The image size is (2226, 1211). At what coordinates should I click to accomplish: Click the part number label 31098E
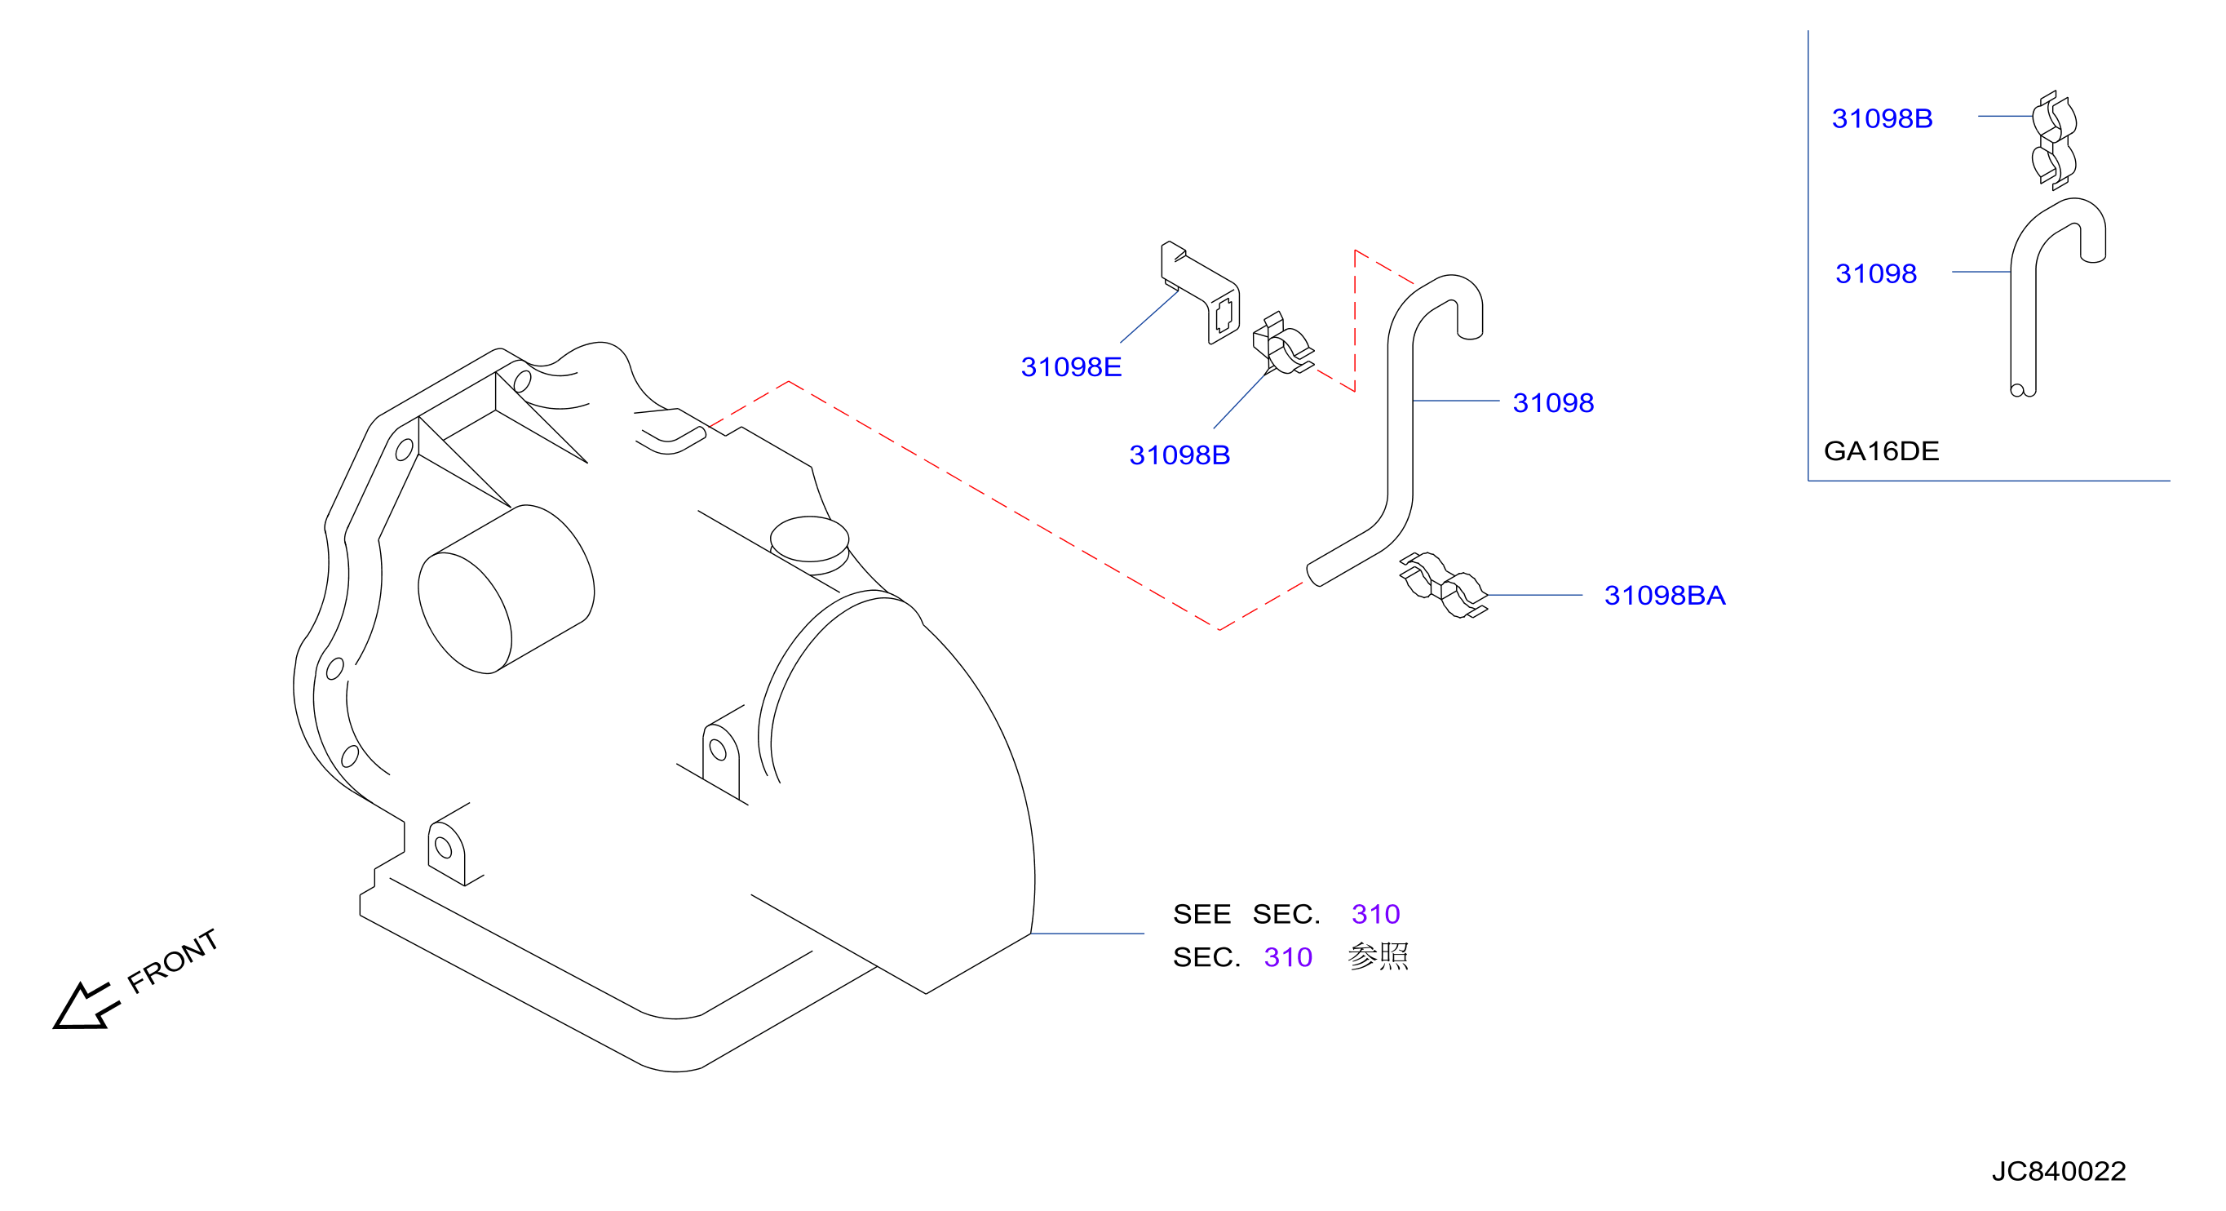click(1071, 367)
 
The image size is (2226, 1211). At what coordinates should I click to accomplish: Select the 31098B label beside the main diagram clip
click(1179, 455)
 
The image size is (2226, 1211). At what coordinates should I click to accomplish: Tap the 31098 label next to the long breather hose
click(1553, 403)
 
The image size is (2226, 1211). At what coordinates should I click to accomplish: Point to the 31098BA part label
click(1664, 596)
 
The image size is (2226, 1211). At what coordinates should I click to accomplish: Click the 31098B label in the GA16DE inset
click(1882, 118)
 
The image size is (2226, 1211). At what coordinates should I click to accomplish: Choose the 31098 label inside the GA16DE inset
click(1876, 274)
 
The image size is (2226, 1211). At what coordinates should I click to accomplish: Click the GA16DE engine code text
click(1881, 451)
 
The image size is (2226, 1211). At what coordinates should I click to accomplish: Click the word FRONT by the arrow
click(173, 961)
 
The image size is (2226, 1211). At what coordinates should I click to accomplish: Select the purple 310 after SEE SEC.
click(1376, 915)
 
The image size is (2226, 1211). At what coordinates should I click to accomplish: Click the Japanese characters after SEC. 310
click(1379, 957)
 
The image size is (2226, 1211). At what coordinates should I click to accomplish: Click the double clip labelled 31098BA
click(1443, 586)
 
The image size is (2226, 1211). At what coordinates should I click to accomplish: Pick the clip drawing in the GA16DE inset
click(2054, 140)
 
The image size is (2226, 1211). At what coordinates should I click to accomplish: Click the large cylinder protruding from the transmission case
click(507, 589)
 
